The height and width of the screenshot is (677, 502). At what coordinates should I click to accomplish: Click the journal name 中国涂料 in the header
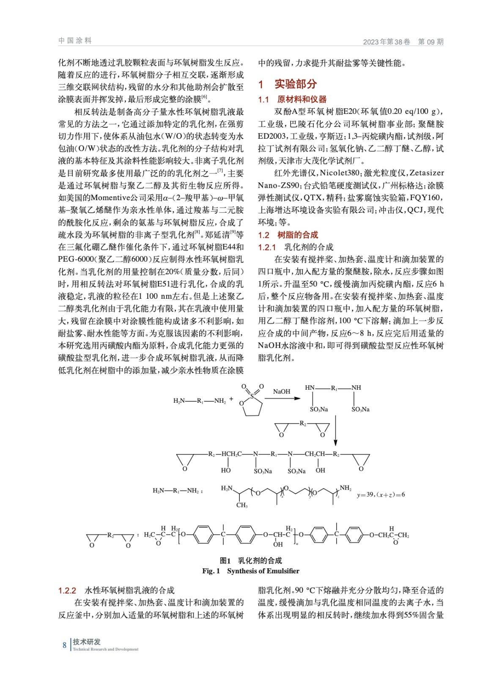75,41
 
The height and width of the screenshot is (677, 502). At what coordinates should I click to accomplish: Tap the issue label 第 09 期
431,41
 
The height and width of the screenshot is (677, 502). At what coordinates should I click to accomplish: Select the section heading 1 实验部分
288,84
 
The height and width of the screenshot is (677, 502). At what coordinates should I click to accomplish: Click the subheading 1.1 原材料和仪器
292,99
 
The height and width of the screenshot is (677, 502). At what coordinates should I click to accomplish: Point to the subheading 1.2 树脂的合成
288,235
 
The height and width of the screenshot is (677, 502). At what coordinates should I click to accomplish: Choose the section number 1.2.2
67,590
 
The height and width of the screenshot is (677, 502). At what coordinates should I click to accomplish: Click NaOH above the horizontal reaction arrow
282,391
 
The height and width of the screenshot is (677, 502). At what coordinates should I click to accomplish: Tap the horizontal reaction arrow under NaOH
282,398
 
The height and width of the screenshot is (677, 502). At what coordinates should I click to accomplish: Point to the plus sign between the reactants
231,399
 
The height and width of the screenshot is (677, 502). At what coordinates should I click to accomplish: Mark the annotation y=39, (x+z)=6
381,494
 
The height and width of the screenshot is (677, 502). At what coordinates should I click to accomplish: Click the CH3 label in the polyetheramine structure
242,505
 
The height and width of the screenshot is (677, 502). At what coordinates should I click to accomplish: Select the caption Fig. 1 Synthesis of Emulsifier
250,571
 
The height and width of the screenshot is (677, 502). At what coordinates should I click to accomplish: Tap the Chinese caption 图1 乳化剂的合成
250,561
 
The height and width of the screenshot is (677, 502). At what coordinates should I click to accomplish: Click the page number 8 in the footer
64,645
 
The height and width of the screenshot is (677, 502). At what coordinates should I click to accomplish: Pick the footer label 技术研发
87,642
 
